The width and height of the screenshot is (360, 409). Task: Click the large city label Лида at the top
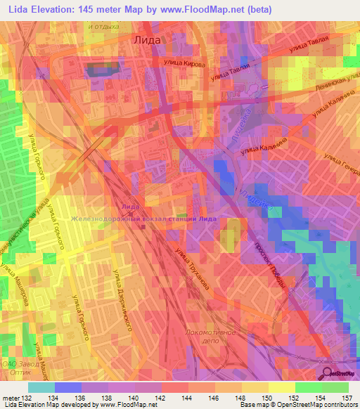[147, 40]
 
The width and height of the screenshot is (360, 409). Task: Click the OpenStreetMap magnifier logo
[328, 373]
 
